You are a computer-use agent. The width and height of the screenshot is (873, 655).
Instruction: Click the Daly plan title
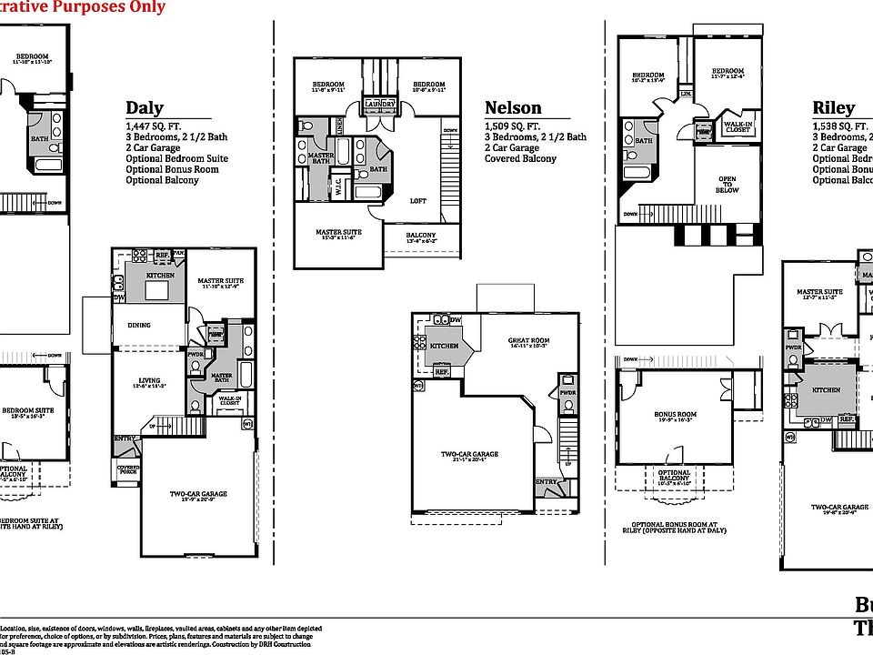tap(145, 108)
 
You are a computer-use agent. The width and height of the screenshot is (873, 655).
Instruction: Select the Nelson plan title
tap(513, 108)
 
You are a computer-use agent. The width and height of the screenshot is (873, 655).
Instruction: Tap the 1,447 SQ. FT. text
tap(156, 126)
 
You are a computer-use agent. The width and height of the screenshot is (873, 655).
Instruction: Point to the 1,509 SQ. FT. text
tap(514, 126)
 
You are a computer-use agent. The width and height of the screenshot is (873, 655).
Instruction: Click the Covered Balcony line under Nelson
tap(520, 158)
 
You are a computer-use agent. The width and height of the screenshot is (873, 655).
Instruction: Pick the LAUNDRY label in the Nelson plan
tap(380, 105)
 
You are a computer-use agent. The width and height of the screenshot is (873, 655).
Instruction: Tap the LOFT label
tap(417, 201)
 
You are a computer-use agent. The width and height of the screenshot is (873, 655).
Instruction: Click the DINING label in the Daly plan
tap(139, 325)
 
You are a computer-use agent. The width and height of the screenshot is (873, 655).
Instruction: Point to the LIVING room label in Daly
tap(149, 381)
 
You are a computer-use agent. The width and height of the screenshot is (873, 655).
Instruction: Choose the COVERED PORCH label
tap(127, 469)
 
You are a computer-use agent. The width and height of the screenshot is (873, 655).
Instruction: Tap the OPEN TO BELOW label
tap(727, 185)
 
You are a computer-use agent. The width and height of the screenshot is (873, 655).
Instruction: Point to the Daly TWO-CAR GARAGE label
tap(197, 495)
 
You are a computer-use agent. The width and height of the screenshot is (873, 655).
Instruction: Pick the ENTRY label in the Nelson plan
tap(546, 482)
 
